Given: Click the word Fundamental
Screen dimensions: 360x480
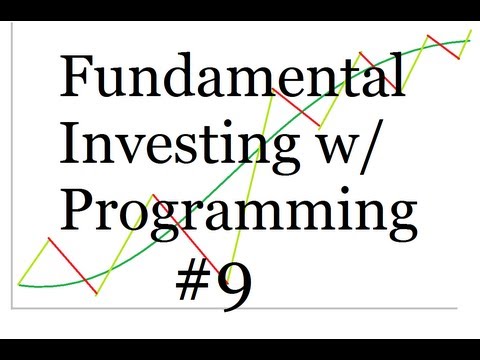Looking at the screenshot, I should click(233, 78).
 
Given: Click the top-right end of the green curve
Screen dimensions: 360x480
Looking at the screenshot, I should click(468, 41).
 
